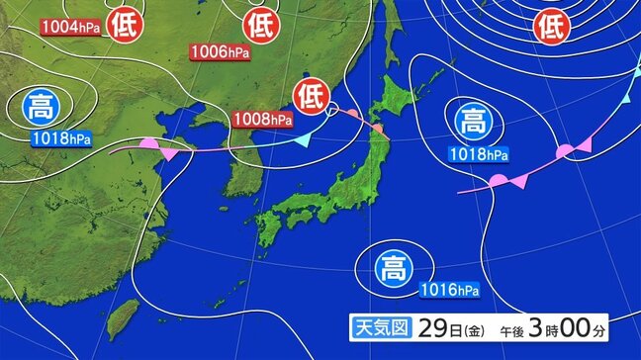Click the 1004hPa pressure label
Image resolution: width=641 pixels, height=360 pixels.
[x=70, y=28]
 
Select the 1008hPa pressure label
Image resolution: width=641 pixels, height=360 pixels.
[x=263, y=120]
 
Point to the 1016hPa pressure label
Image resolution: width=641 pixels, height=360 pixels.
[x=449, y=290]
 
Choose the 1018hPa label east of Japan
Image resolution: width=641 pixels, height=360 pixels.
[x=479, y=154]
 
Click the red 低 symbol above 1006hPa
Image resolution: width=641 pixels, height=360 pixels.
[x=260, y=22]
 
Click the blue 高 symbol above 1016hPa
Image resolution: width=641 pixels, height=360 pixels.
[x=392, y=265]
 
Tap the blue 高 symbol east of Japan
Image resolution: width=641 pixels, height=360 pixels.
[x=471, y=122]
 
